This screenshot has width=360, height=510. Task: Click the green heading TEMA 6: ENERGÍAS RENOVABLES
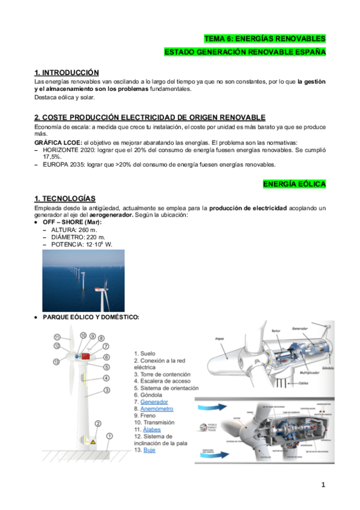[x=264, y=38]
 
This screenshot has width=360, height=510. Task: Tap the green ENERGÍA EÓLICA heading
[x=294, y=184]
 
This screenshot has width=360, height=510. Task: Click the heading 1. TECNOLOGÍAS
[x=65, y=199]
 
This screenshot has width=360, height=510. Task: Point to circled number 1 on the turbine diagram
[x=109, y=435]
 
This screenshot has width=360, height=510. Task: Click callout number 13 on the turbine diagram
[x=56, y=361]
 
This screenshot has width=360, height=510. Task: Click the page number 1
[x=323, y=485]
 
